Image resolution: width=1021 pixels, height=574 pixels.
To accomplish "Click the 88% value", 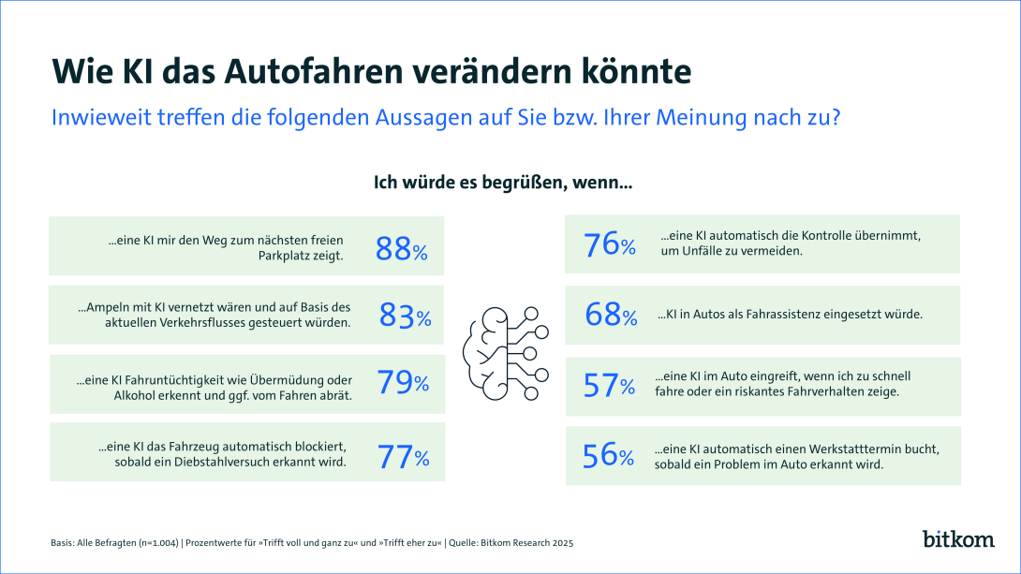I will (x=401, y=248).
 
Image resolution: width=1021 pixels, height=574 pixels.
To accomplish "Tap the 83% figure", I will (x=405, y=316).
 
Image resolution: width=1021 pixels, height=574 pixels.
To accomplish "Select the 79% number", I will (x=403, y=382).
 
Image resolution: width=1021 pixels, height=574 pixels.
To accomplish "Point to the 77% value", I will (x=403, y=457).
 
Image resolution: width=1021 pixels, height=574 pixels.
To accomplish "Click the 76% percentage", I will (x=610, y=245).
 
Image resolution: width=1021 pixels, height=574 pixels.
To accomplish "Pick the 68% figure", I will (x=610, y=315).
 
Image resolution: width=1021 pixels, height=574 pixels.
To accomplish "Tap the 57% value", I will (x=609, y=385).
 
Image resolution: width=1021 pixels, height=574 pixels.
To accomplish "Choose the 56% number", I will (x=609, y=456).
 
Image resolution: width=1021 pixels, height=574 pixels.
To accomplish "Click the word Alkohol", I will (x=100, y=395).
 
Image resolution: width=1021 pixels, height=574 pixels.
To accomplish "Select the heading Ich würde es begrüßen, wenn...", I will (x=503, y=183).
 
